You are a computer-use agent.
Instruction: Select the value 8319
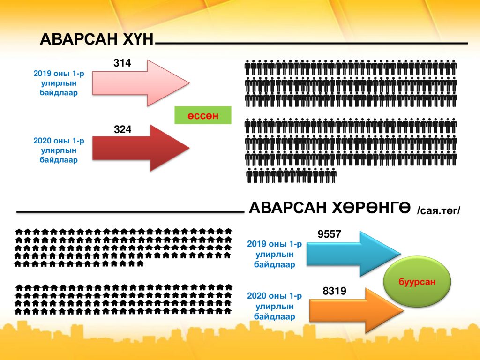tap(334, 291)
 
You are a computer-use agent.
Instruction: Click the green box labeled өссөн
tap(202, 115)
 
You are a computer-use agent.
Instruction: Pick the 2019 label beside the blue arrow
tap(274, 254)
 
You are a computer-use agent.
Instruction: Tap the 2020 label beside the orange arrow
tap(274, 306)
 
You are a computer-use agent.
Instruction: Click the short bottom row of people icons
tap(291, 175)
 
